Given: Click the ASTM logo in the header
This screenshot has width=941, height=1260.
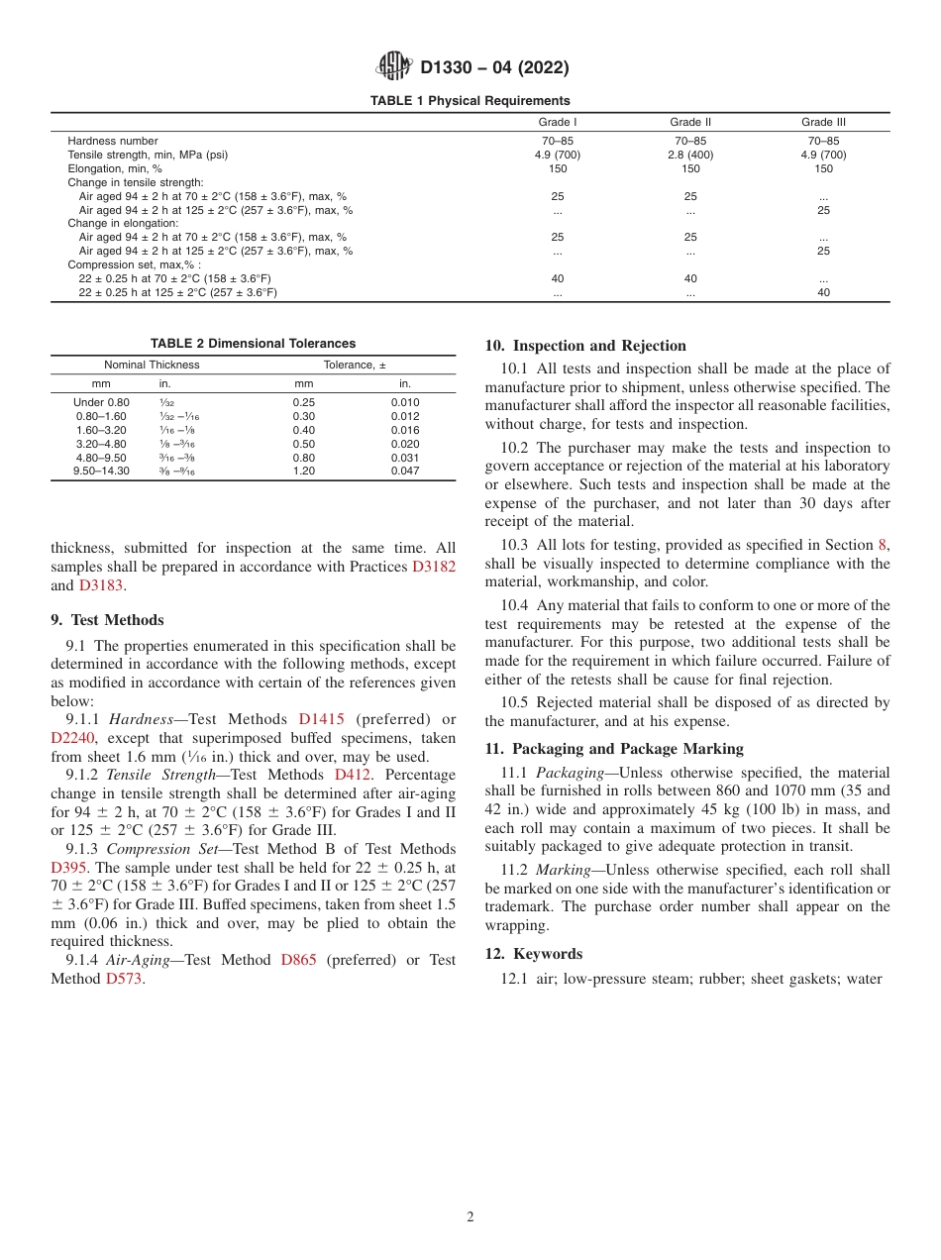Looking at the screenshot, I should point(396,67).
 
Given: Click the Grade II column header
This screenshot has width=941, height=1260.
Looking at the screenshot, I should point(690,122).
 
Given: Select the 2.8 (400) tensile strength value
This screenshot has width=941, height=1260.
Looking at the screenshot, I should point(690,155).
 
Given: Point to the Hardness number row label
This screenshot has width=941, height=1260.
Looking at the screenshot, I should point(112,141).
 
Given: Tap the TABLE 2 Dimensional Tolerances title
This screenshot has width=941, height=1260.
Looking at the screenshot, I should point(253,344).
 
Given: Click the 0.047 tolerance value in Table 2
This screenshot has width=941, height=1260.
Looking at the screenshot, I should point(405,471).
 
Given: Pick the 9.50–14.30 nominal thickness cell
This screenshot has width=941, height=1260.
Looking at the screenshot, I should point(102,471).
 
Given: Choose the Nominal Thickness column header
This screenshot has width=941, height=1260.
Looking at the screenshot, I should point(152,365).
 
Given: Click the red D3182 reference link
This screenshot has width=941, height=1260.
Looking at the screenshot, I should point(434,567).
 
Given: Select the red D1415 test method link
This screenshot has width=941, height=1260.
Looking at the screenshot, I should point(321,719).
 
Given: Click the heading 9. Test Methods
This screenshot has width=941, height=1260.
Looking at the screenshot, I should point(107,620).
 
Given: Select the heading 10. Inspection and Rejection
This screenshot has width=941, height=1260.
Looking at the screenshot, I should point(585,346).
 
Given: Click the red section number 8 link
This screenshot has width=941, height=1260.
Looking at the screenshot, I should point(883,545).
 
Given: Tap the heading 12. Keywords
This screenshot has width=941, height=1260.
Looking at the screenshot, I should point(534,954).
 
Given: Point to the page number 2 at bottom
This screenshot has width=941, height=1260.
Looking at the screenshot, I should point(470,1217).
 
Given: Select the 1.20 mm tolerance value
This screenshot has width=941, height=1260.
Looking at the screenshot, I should point(304,471).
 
